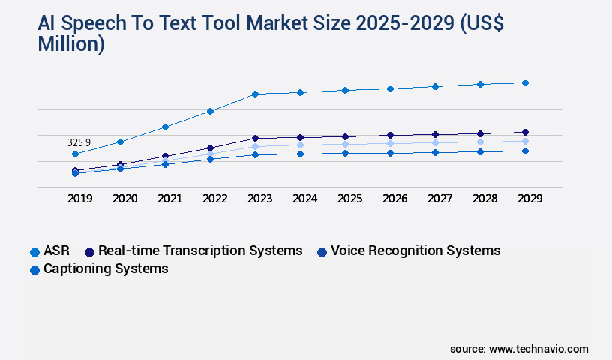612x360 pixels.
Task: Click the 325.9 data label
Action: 79,142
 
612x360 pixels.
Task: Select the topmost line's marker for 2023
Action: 255,94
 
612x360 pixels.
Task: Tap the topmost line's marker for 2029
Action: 525,82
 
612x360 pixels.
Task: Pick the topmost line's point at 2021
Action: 165,127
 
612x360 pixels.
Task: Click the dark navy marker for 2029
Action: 525,132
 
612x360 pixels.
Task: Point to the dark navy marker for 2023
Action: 255,138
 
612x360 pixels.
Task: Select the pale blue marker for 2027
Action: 435,142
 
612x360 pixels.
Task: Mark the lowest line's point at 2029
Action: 525,151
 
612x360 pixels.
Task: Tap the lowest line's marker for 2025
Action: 345,153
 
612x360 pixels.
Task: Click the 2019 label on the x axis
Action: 79,199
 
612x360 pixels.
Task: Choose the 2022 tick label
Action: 214,199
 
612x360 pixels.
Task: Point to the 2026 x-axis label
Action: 394,199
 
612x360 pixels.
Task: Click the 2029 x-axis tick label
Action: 529,199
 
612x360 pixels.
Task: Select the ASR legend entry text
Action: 56,250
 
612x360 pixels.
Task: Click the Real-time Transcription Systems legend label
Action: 200,250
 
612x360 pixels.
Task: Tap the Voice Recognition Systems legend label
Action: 415,250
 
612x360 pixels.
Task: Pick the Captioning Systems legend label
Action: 106,268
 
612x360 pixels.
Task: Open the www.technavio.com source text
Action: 538,349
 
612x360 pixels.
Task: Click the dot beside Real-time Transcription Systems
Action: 89,251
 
